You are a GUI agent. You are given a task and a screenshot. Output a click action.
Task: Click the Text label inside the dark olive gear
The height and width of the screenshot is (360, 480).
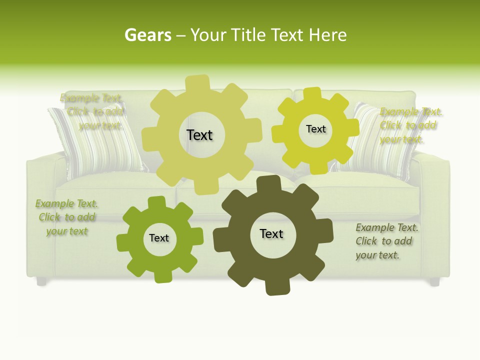click(x=271, y=233)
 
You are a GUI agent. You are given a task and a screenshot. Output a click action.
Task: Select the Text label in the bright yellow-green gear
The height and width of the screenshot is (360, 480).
click(x=315, y=129)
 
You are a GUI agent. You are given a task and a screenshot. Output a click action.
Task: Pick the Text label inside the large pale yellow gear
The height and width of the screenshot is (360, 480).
click(x=199, y=135)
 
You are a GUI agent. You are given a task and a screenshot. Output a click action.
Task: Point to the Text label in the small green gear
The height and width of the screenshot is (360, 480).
click(x=159, y=238)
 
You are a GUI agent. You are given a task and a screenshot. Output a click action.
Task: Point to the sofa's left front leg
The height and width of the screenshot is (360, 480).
click(x=41, y=281)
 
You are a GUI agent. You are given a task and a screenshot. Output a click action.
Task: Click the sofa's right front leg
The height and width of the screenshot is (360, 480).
click(x=434, y=281)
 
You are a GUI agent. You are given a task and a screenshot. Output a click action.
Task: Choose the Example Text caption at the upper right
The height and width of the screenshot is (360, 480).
click(x=410, y=125)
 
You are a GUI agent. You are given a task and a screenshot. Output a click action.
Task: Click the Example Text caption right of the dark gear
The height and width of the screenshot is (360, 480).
click(x=386, y=241)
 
